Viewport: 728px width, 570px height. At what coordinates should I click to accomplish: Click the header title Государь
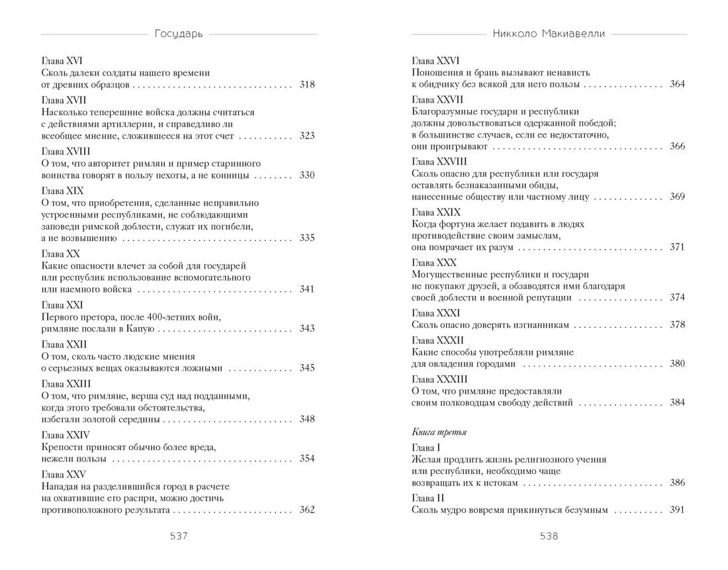[x=178, y=34]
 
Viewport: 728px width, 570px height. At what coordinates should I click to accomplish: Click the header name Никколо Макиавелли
[x=549, y=34]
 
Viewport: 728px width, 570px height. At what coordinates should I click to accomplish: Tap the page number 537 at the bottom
[x=179, y=536]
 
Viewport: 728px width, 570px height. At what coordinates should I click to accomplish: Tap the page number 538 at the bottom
[x=549, y=536]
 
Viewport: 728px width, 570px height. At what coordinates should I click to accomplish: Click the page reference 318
[x=306, y=85]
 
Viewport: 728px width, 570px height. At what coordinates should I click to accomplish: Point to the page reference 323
[x=306, y=136]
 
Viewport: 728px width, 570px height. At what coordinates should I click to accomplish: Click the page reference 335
[x=306, y=238]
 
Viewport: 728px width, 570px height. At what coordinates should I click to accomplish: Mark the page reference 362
[x=306, y=510]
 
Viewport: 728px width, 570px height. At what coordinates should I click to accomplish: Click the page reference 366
[x=677, y=146]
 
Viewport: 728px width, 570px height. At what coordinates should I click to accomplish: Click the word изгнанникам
[x=537, y=325]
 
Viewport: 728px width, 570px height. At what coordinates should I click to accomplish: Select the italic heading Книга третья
[x=439, y=432]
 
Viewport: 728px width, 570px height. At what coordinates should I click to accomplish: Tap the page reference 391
[x=677, y=510]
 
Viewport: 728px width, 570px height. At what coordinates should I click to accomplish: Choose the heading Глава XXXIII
[x=439, y=379]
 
